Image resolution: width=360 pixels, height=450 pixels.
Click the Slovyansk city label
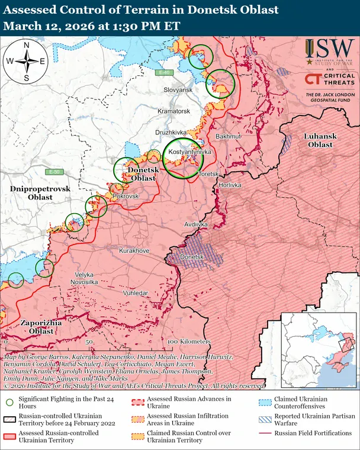[x=178, y=89]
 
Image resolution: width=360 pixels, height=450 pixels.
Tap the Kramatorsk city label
[x=173, y=111]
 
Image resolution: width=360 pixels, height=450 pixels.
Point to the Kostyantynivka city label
[x=190, y=153]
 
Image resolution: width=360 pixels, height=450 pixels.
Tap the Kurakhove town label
[x=134, y=251]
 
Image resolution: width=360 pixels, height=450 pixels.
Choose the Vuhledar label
[x=136, y=293]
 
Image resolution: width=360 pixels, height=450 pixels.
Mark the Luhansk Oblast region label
[x=320, y=140]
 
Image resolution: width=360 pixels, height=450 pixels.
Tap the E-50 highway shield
[x=56, y=172]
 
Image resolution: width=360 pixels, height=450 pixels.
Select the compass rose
[x=26, y=61]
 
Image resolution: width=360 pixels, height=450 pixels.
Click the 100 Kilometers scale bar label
[x=189, y=342]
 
